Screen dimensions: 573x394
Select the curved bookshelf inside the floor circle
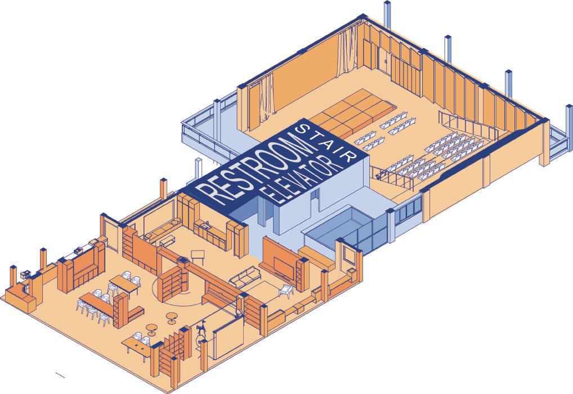(172, 281)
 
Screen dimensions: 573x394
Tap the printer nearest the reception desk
(26, 274)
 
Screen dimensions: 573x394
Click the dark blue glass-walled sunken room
(338, 231)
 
